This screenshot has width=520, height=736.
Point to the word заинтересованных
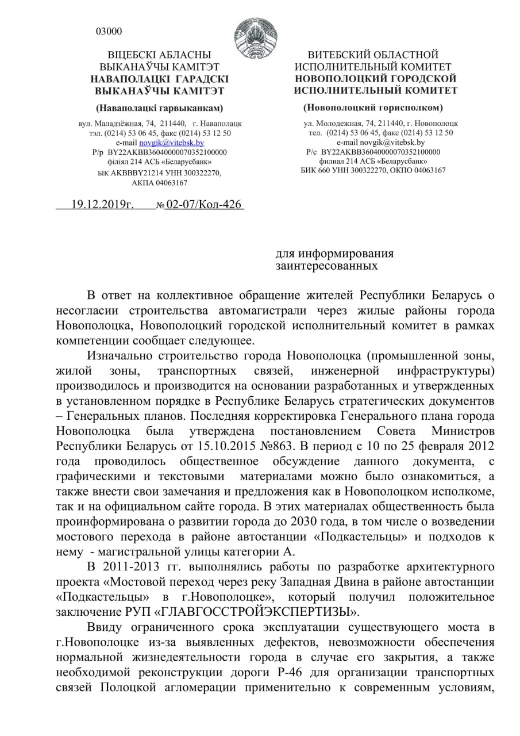point(326,266)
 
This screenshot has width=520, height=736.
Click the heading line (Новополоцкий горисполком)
point(373,108)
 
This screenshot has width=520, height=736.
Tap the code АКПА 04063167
point(159,183)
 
